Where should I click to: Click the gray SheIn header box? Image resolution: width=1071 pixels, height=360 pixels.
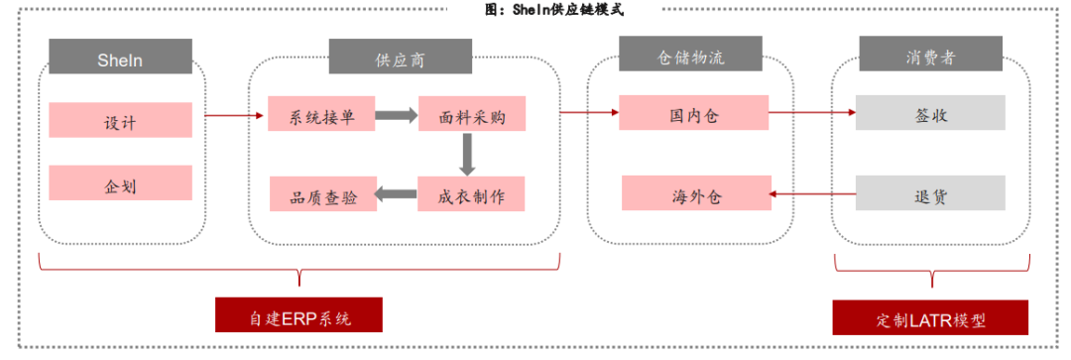tap(120, 60)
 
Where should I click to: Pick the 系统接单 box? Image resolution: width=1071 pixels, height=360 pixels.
tap(321, 115)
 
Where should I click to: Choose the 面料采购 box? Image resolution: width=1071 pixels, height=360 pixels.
tap(472, 115)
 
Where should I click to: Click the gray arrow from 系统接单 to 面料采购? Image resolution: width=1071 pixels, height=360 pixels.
tap(396, 115)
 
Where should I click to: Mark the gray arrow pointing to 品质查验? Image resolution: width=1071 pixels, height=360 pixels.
tap(396, 193)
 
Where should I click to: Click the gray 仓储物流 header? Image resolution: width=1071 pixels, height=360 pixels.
tap(692, 56)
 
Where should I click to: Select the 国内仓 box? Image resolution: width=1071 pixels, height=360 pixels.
tap(694, 113)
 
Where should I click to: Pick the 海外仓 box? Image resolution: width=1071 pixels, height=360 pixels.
tap(694, 193)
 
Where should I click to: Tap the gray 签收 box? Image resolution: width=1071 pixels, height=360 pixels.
tap(930, 113)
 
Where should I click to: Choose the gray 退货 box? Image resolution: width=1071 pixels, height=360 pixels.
tap(930, 193)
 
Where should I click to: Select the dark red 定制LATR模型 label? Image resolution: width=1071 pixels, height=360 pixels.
tap(930, 318)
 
